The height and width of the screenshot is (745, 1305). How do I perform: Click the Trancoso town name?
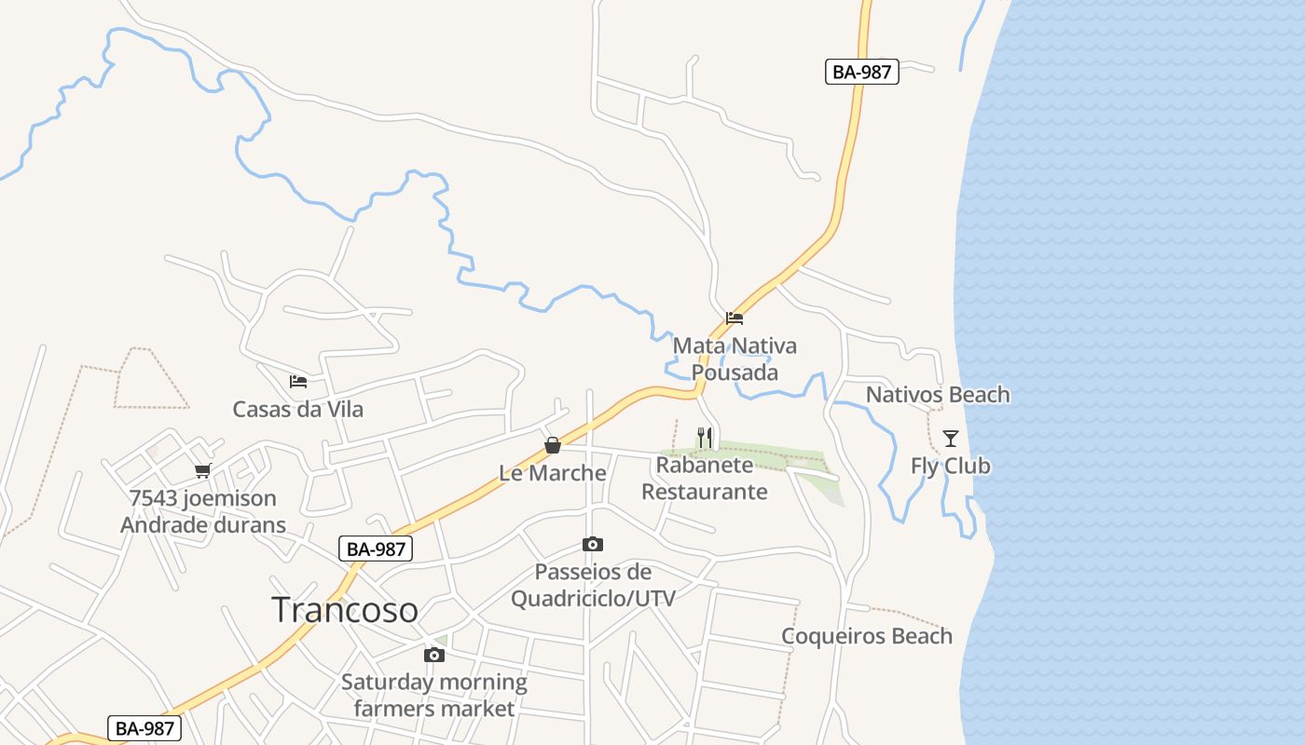345,610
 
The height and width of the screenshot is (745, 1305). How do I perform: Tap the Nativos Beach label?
938,395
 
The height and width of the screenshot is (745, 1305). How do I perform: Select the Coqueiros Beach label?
867,636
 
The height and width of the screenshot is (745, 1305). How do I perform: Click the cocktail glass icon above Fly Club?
950,439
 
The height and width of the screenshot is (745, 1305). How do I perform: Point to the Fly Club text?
950,466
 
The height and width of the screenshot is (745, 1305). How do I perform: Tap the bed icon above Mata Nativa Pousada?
735,318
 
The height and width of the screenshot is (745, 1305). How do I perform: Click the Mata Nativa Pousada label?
735,359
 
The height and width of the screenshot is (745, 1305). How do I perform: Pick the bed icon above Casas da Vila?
298,382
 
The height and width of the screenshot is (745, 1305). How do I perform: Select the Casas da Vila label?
298,409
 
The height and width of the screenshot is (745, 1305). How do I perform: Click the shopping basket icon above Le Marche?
553,445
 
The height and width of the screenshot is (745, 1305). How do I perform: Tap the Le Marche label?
553,473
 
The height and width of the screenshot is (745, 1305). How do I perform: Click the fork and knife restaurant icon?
705,437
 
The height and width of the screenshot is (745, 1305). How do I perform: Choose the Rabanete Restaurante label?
705,478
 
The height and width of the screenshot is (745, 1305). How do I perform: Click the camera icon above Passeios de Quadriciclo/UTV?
593,544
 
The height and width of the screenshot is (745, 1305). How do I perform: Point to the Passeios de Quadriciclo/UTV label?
593,585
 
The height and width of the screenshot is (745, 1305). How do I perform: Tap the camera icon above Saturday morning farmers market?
434,656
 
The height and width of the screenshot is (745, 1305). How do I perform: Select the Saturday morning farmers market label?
434,696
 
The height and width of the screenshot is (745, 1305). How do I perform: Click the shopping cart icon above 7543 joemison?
202,471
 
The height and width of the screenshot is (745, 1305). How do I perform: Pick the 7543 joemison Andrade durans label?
203,511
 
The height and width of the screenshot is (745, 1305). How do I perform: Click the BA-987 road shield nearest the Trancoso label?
375,549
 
